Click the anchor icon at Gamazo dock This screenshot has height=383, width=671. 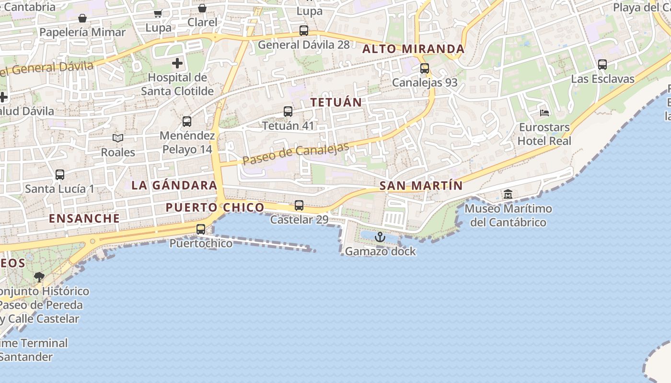[380, 237]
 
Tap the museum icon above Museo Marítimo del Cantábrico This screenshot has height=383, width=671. [508, 194]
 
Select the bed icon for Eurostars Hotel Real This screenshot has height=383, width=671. [544, 113]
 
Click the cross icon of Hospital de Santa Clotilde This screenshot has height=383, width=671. [177, 63]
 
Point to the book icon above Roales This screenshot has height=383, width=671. [118, 138]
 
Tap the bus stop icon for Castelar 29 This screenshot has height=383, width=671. [299, 205]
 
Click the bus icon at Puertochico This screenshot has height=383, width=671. [201, 229]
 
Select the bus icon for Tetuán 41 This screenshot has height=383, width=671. [288, 112]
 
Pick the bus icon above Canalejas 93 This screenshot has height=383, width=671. [425, 68]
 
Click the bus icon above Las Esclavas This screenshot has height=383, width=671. [602, 65]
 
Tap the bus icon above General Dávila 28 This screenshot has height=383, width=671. [304, 31]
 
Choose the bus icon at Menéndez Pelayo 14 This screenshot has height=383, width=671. [187, 122]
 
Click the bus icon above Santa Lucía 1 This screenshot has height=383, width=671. [60, 175]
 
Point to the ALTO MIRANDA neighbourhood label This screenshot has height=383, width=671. [413, 49]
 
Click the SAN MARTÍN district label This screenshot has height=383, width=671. [421, 186]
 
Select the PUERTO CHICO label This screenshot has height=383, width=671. [215, 207]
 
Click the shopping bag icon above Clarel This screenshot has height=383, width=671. [202, 8]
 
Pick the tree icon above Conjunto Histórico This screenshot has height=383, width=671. [39, 277]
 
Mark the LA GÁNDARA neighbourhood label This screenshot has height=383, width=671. [174, 185]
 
